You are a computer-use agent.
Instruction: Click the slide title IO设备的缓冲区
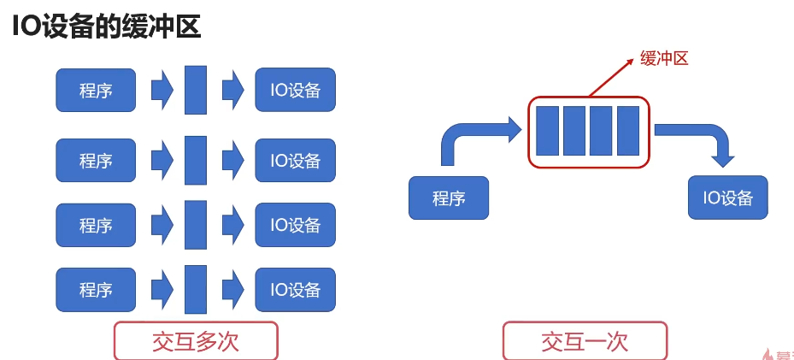click(106, 26)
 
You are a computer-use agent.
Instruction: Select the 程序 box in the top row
click(96, 90)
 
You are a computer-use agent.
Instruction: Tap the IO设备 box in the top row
click(295, 90)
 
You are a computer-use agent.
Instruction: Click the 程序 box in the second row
click(96, 160)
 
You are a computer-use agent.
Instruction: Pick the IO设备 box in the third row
click(295, 225)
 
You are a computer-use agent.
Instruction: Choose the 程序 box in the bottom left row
click(96, 290)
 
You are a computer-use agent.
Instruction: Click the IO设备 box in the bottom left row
click(295, 290)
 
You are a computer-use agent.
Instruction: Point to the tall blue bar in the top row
click(196, 90)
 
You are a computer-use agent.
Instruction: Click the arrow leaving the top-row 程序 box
click(162, 90)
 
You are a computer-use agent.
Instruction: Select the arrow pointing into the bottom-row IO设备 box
click(232, 290)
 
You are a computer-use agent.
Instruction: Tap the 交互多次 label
click(196, 341)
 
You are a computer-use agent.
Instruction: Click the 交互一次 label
click(585, 341)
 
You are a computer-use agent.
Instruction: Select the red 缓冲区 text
click(664, 58)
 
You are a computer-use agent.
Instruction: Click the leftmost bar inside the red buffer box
click(547, 131)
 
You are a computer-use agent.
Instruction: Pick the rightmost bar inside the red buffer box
click(628, 131)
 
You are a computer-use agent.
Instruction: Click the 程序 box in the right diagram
click(449, 198)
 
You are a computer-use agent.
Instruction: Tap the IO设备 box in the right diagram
click(727, 198)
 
